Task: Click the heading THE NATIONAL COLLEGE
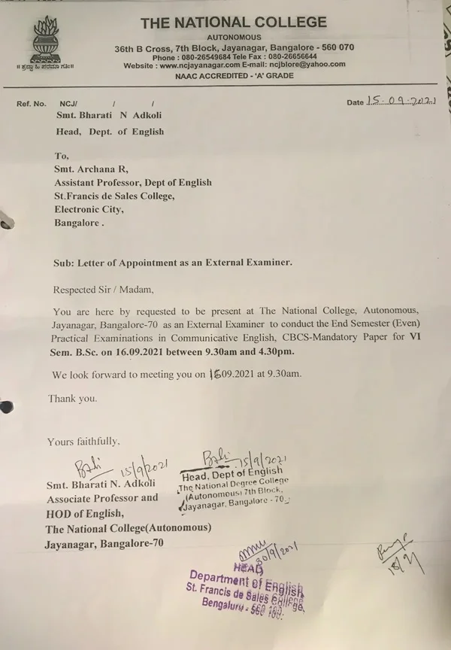point(234,23)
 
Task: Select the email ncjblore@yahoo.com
point(304,65)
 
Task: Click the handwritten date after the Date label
point(401,101)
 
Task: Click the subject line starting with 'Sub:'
point(172,263)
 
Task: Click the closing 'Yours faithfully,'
point(83,442)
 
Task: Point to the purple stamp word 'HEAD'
point(243,566)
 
